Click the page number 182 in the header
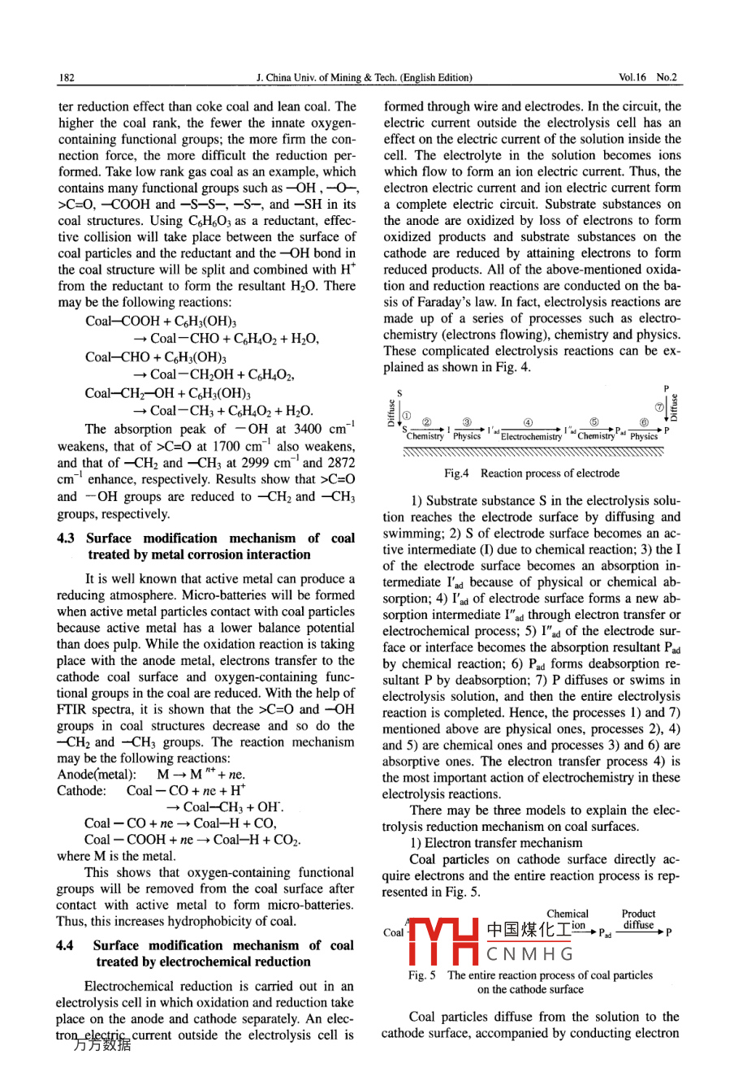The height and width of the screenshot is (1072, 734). click(67, 78)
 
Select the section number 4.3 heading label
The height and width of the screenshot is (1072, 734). click(67, 538)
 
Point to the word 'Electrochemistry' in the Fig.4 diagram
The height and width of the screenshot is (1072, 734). click(531, 437)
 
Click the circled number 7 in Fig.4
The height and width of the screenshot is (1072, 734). click(659, 405)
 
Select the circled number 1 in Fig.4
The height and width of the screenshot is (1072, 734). click(407, 415)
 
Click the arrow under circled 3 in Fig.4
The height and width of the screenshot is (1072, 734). click(468, 429)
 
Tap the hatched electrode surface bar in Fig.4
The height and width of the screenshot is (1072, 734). click(533, 452)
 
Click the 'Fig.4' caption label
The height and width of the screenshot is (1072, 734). click(456, 473)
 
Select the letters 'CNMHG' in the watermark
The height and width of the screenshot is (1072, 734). click(530, 953)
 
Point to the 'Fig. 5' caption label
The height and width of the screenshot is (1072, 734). click(422, 975)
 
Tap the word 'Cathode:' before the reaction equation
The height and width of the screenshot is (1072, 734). click(81, 790)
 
